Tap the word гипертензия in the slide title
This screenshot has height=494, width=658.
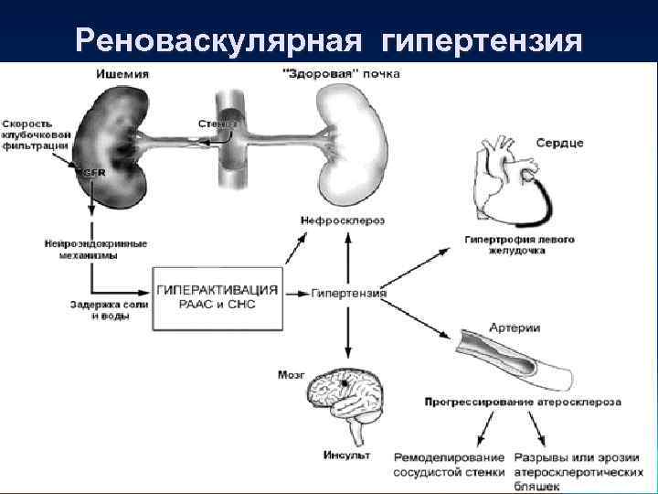[x=482, y=40]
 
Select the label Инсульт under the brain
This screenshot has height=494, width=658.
[x=345, y=455]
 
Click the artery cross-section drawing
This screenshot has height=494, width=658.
[x=512, y=358]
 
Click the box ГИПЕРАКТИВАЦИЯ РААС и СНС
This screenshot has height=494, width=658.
[x=218, y=296]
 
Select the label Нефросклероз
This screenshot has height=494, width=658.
[x=342, y=220]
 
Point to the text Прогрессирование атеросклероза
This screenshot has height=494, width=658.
[x=523, y=402]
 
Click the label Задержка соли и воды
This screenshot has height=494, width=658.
[x=98, y=310]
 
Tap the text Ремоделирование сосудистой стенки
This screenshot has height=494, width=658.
[x=449, y=465]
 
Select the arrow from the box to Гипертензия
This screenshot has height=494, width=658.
[x=294, y=294]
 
